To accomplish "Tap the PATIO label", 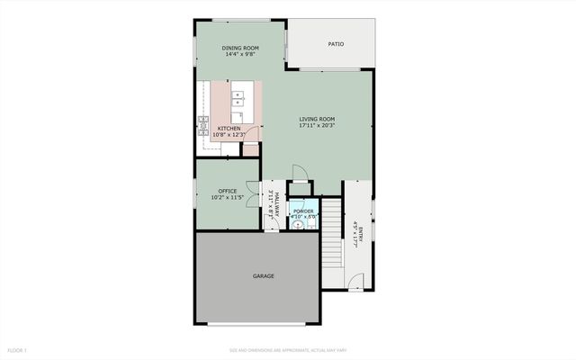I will [x=335, y=43].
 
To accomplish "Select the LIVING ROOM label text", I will [x=317, y=119].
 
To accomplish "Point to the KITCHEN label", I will [x=229, y=129].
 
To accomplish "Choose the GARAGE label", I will [x=263, y=275].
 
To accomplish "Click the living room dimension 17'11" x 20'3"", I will [x=317, y=125].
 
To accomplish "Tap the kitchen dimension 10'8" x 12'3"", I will [x=229, y=135].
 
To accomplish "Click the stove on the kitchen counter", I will [x=203, y=121].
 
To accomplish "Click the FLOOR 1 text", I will [x=18, y=349].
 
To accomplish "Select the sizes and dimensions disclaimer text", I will [x=287, y=349].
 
